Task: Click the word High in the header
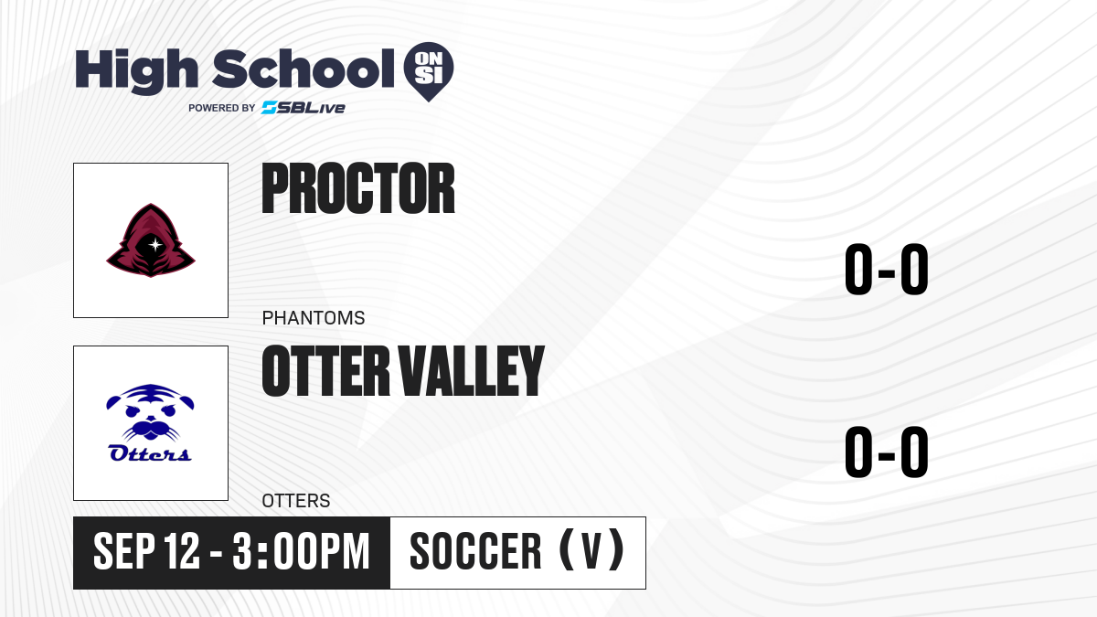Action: click(x=136, y=71)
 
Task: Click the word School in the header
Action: click(x=304, y=69)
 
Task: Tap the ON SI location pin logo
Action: click(x=429, y=71)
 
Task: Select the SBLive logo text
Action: click(x=304, y=108)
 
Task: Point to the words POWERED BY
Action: click(x=222, y=108)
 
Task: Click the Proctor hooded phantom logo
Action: click(x=151, y=239)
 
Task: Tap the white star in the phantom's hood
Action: click(x=155, y=244)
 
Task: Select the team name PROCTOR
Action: click(x=358, y=188)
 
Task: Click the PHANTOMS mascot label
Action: click(x=314, y=318)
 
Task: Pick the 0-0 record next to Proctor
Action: click(x=887, y=270)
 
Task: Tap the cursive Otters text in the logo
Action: click(x=150, y=453)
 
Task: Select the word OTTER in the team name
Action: click(x=326, y=371)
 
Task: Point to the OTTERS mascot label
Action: click(x=296, y=501)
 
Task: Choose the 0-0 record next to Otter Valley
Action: click(x=887, y=452)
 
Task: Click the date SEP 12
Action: click(x=146, y=551)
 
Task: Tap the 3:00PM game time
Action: click(x=301, y=551)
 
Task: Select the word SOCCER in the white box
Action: click(x=475, y=551)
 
